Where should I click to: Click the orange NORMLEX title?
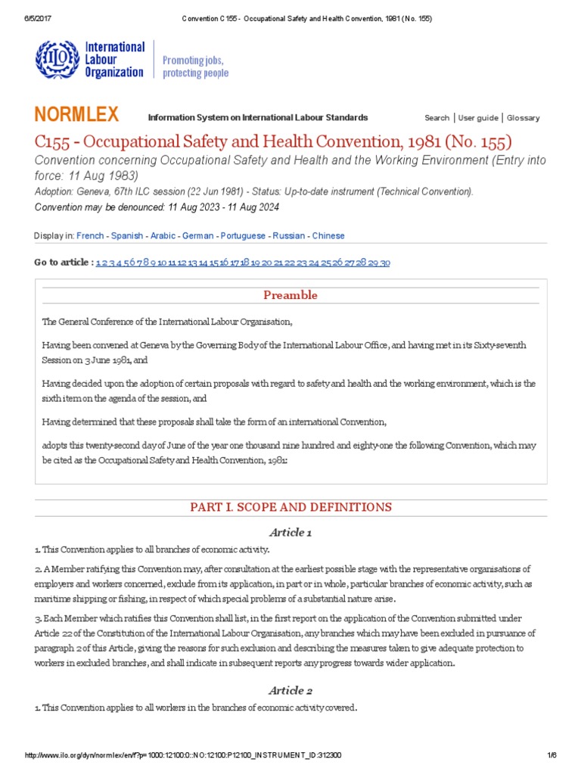point(76,115)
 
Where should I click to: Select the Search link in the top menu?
point(437,118)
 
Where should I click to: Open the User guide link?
point(478,118)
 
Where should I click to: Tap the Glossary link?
point(523,118)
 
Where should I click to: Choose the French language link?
point(90,236)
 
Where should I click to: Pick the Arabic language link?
point(163,236)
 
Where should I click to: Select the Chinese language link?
point(328,236)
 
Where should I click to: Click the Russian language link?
point(289,236)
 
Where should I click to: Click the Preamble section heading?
point(290,295)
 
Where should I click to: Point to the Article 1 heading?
point(290,533)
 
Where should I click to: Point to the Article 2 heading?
point(290,691)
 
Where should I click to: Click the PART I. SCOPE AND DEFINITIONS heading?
point(290,507)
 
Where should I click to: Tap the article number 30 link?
point(385,263)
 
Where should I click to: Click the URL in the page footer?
point(183,755)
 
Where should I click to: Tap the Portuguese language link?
point(243,236)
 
